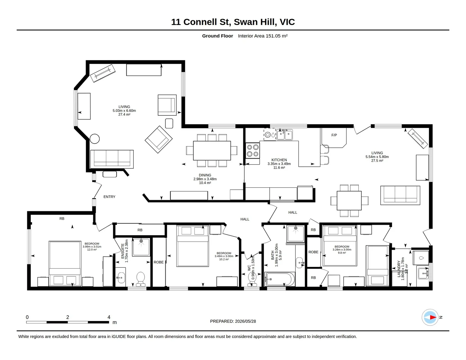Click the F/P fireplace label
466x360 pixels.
point(334,135)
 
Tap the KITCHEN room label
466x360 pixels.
point(279,160)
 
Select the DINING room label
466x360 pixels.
point(205,175)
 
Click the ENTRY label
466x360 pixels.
point(109,197)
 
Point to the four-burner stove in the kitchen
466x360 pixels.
point(253,151)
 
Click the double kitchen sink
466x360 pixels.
point(285,135)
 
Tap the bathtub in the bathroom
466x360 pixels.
point(278,279)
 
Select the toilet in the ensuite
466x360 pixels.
point(141,279)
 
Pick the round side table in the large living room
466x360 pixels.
point(95,139)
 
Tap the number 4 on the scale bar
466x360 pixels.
point(109,317)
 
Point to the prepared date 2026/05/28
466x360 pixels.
point(245,321)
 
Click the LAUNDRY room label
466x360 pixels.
point(399,269)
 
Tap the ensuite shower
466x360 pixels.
point(141,247)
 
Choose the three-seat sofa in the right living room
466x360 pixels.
point(400,195)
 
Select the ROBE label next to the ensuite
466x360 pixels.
point(158,262)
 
